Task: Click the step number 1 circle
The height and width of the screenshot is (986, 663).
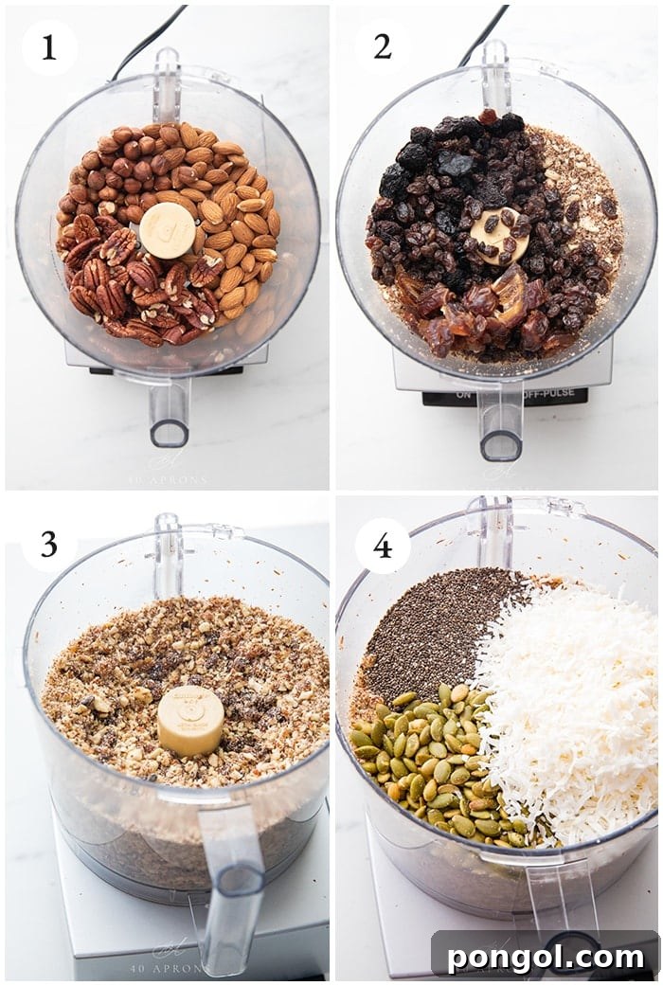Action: click(x=48, y=46)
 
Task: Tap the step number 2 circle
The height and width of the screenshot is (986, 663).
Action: click(x=383, y=46)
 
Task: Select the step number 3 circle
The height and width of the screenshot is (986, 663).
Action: click(x=48, y=545)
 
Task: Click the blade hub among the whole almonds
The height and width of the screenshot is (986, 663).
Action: click(x=168, y=230)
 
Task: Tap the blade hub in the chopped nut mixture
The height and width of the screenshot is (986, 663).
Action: click(x=190, y=720)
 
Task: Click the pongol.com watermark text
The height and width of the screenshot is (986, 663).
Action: click(x=545, y=956)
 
